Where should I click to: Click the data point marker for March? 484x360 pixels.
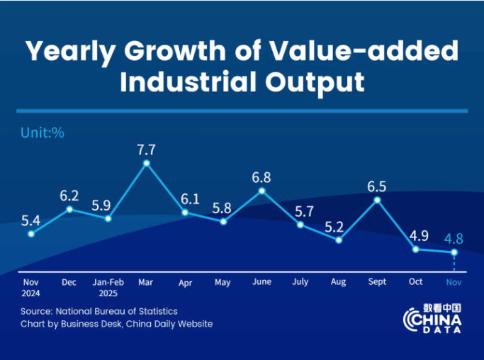pyautogui.click(x=147, y=163)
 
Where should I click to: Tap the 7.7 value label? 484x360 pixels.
pyautogui.click(x=147, y=149)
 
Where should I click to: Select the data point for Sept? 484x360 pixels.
pyautogui.click(x=377, y=200)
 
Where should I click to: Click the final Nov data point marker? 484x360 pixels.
pyautogui.click(x=454, y=252)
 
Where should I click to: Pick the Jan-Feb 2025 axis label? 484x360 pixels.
pyautogui.click(x=108, y=286)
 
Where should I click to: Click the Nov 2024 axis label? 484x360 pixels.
pyautogui.click(x=30, y=286)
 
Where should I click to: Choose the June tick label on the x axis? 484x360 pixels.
pyautogui.click(x=261, y=281)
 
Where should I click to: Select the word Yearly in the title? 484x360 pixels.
pyautogui.click(x=69, y=50)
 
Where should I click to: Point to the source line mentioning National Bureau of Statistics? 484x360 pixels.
pyautogui.click(x=99, y=311)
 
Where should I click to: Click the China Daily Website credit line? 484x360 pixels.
pyautogui.click(x=116, y=324)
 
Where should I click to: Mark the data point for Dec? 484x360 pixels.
pyautogui.click(x=69, y=209)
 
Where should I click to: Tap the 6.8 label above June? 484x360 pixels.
pyautogui.click(x=261, y=177)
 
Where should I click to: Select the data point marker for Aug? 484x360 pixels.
pyautogui.click(x=339, y=240)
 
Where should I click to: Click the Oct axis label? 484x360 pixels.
pyautogui.click(x=416, y=281)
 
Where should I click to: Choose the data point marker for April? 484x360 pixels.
pyautogui.click(x=185, y=212)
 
